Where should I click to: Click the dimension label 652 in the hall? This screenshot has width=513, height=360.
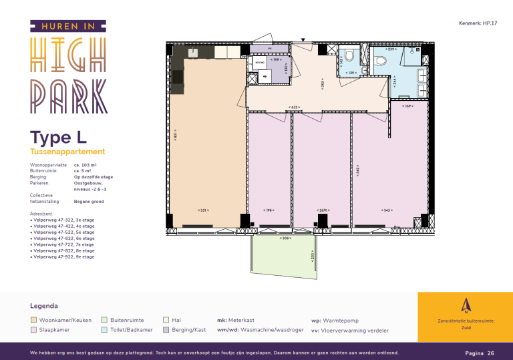[x=294, y=107]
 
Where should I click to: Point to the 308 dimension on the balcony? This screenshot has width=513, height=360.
[x=284, y=238]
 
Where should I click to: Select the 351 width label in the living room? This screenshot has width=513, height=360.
[x=204, y=210]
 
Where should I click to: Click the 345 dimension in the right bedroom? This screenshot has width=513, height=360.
[x=386, y=210]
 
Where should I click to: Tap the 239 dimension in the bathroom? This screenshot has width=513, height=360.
[x=391, y=49]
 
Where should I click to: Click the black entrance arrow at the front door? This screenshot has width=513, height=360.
[x=304, y=41]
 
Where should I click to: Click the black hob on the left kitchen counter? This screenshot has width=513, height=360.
[x=178, y=77]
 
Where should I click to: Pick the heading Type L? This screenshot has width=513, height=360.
[x=59, y=138]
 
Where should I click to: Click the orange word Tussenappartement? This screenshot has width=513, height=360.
[x=67, y=152]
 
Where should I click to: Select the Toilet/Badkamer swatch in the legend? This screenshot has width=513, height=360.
[x=104, y=330]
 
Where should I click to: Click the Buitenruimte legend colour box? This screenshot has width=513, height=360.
[x=104, y=321]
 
